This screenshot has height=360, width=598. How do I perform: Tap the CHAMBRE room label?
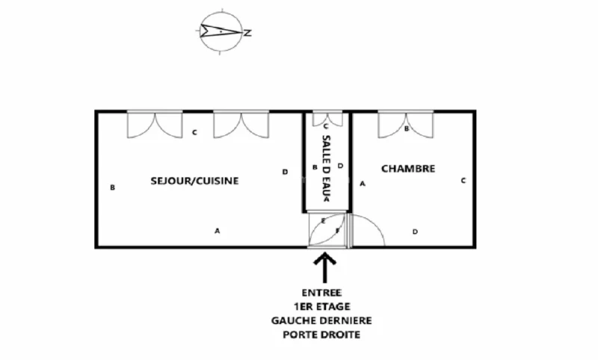click(408, 169)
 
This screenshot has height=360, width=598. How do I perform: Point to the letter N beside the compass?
click(247, 32)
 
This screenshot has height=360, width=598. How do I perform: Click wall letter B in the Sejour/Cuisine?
click(112, 187)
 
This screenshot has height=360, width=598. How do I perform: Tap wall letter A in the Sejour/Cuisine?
click(218, 231)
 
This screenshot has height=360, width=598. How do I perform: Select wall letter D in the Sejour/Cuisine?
click(285, 172)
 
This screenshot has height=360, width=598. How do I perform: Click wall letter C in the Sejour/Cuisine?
click(194, 134)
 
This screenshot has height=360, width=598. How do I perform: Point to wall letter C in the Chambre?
click(463, 180)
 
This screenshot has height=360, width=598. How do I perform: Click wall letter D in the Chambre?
click(416, 232)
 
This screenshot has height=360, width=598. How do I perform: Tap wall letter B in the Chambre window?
click(406, 128)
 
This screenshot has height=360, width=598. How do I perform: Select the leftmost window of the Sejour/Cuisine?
click(154, 123)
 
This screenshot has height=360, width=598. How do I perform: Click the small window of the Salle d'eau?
click(326, 120)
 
